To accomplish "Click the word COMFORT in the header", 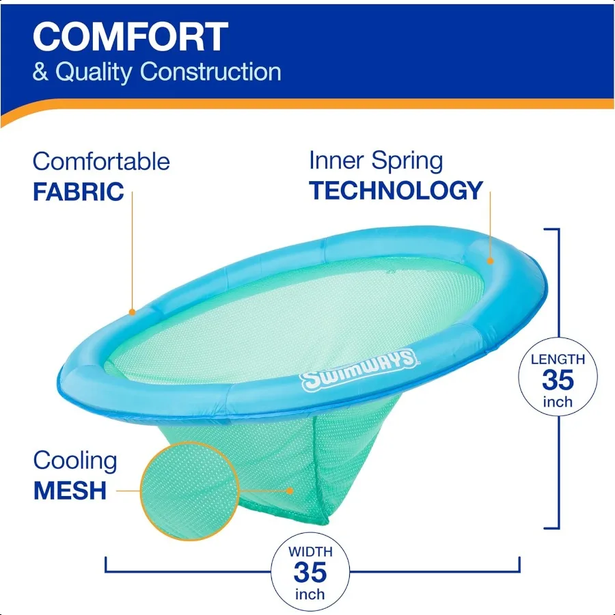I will point(130,37).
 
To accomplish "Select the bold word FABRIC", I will point(79,191).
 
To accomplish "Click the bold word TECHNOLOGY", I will point(396,191).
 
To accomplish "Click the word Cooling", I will point(75,461).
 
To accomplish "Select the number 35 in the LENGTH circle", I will point(558,379).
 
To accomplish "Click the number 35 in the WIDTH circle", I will point(310,571).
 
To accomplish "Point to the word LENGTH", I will point(558,359).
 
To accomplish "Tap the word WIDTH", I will point(310,551).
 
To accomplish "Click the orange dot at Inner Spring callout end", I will point(490,261).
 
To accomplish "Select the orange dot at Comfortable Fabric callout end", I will point(132,312).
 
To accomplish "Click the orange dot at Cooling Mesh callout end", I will point(290,490).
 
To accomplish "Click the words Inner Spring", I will point(376,161).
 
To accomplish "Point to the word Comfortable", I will point(101,162).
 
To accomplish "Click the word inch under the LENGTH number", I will point(558,401).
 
